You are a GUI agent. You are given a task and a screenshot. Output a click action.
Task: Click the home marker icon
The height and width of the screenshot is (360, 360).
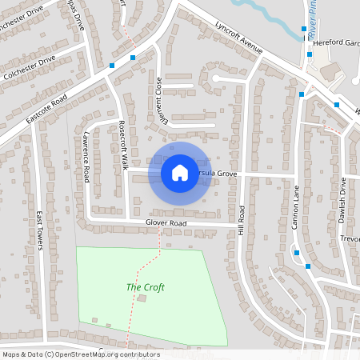(x=180, y=172)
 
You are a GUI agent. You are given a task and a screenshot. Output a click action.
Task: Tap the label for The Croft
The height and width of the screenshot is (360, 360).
(x=146, y=287)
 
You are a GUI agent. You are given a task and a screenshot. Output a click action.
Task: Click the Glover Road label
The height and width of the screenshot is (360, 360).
(x=166, y=222)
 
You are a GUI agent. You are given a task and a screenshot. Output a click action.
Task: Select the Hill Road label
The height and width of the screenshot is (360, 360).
(x=241, y=220)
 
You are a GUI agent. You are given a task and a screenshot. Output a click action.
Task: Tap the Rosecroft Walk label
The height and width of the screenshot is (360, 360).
(x=123, y=145)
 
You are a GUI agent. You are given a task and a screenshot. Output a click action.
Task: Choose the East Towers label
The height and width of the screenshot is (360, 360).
(x=39, y=230)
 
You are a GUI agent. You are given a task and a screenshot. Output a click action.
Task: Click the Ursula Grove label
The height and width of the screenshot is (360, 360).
(x=219, y=172)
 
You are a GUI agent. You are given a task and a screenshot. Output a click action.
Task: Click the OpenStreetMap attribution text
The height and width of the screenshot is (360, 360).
(x=80, y=354)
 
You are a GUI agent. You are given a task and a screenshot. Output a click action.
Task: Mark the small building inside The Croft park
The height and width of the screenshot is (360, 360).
(x=142, y=298)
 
